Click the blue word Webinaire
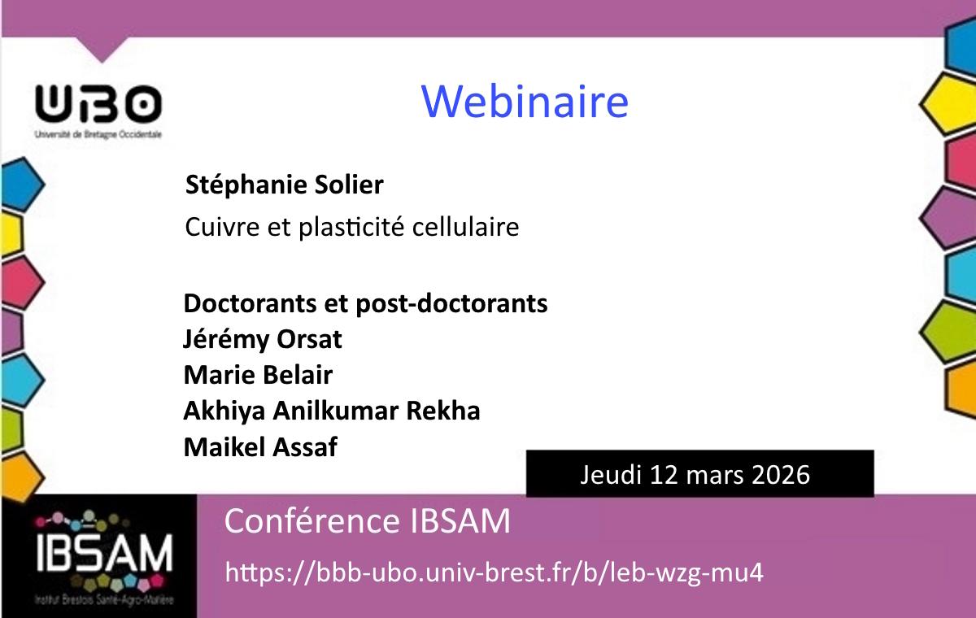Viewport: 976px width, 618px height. (x=525, y=102)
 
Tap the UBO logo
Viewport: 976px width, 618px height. (x=98, y=106)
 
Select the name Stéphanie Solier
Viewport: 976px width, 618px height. (x=285, y=185)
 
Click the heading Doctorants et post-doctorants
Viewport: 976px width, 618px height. (x=365, y=303)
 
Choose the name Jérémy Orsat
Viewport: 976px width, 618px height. (x=263, y=339)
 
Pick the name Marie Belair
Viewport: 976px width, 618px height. (x=258, y=375)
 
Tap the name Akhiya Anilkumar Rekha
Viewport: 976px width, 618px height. (x=332, y=411)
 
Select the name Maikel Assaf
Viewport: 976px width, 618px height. (x=260, y=446)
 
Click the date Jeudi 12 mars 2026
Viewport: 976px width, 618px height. (x=695, y=474)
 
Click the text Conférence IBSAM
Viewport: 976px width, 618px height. (x=368, y=521)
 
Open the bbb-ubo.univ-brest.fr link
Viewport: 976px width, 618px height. (x=494, y=572)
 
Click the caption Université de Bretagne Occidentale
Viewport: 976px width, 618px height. (x=98, y=134)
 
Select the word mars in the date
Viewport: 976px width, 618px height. (x=713, y=474)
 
